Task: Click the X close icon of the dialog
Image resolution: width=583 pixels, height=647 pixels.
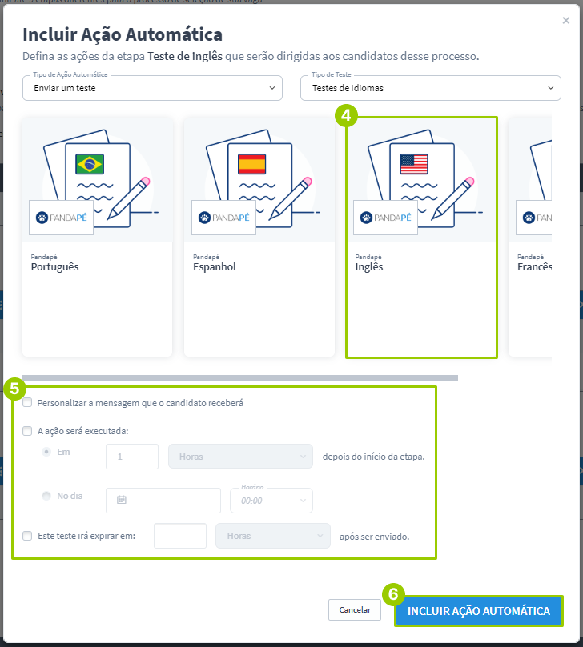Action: pos(565,20)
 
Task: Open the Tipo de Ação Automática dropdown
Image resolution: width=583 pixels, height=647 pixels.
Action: pos(152,88)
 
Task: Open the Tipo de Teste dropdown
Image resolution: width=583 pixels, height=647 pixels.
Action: pos(431,88)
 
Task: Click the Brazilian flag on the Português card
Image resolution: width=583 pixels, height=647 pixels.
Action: pos(90,164)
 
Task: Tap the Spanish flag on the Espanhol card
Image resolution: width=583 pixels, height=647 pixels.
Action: pos(251,164)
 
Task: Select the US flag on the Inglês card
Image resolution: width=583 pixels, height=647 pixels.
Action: pos(414,164)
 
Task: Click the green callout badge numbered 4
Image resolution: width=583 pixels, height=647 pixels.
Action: pos(346,115)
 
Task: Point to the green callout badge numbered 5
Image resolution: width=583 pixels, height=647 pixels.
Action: pos(15,389)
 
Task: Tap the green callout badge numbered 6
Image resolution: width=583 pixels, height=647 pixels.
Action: pos(393,594)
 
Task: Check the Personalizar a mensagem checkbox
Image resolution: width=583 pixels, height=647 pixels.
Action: pos(27,403)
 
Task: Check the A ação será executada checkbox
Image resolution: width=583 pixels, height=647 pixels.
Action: pos(27,431)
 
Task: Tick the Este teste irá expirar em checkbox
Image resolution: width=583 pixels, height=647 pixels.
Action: pos(27,536)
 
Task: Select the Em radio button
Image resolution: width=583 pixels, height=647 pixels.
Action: pos(46,452)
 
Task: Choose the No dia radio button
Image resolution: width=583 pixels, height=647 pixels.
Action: pos(46,496)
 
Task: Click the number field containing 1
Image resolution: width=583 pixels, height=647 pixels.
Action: pos(132,457)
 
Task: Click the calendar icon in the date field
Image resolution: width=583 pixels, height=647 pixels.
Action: pos(122,500)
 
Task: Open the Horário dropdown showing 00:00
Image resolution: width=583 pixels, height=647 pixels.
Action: pos(271,501)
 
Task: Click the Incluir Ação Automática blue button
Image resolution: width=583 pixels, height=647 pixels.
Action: pos(479,611)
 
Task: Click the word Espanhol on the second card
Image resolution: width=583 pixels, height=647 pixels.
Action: pos(215,267)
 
